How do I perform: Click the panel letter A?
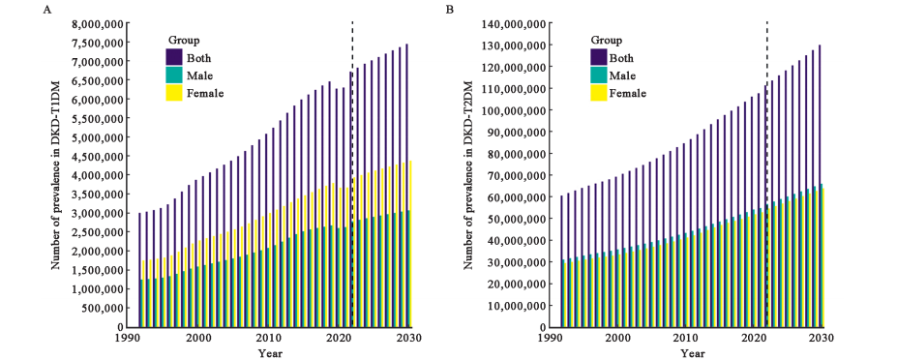46,9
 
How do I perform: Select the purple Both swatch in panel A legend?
174,57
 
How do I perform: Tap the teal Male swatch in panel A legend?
174,75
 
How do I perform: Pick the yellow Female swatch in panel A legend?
174,92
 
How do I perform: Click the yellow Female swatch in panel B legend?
598,92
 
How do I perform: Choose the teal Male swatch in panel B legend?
598,75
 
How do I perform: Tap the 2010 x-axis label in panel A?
267,339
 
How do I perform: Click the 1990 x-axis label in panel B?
551,339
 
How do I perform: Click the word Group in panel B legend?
607,41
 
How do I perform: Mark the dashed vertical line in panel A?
352,174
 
